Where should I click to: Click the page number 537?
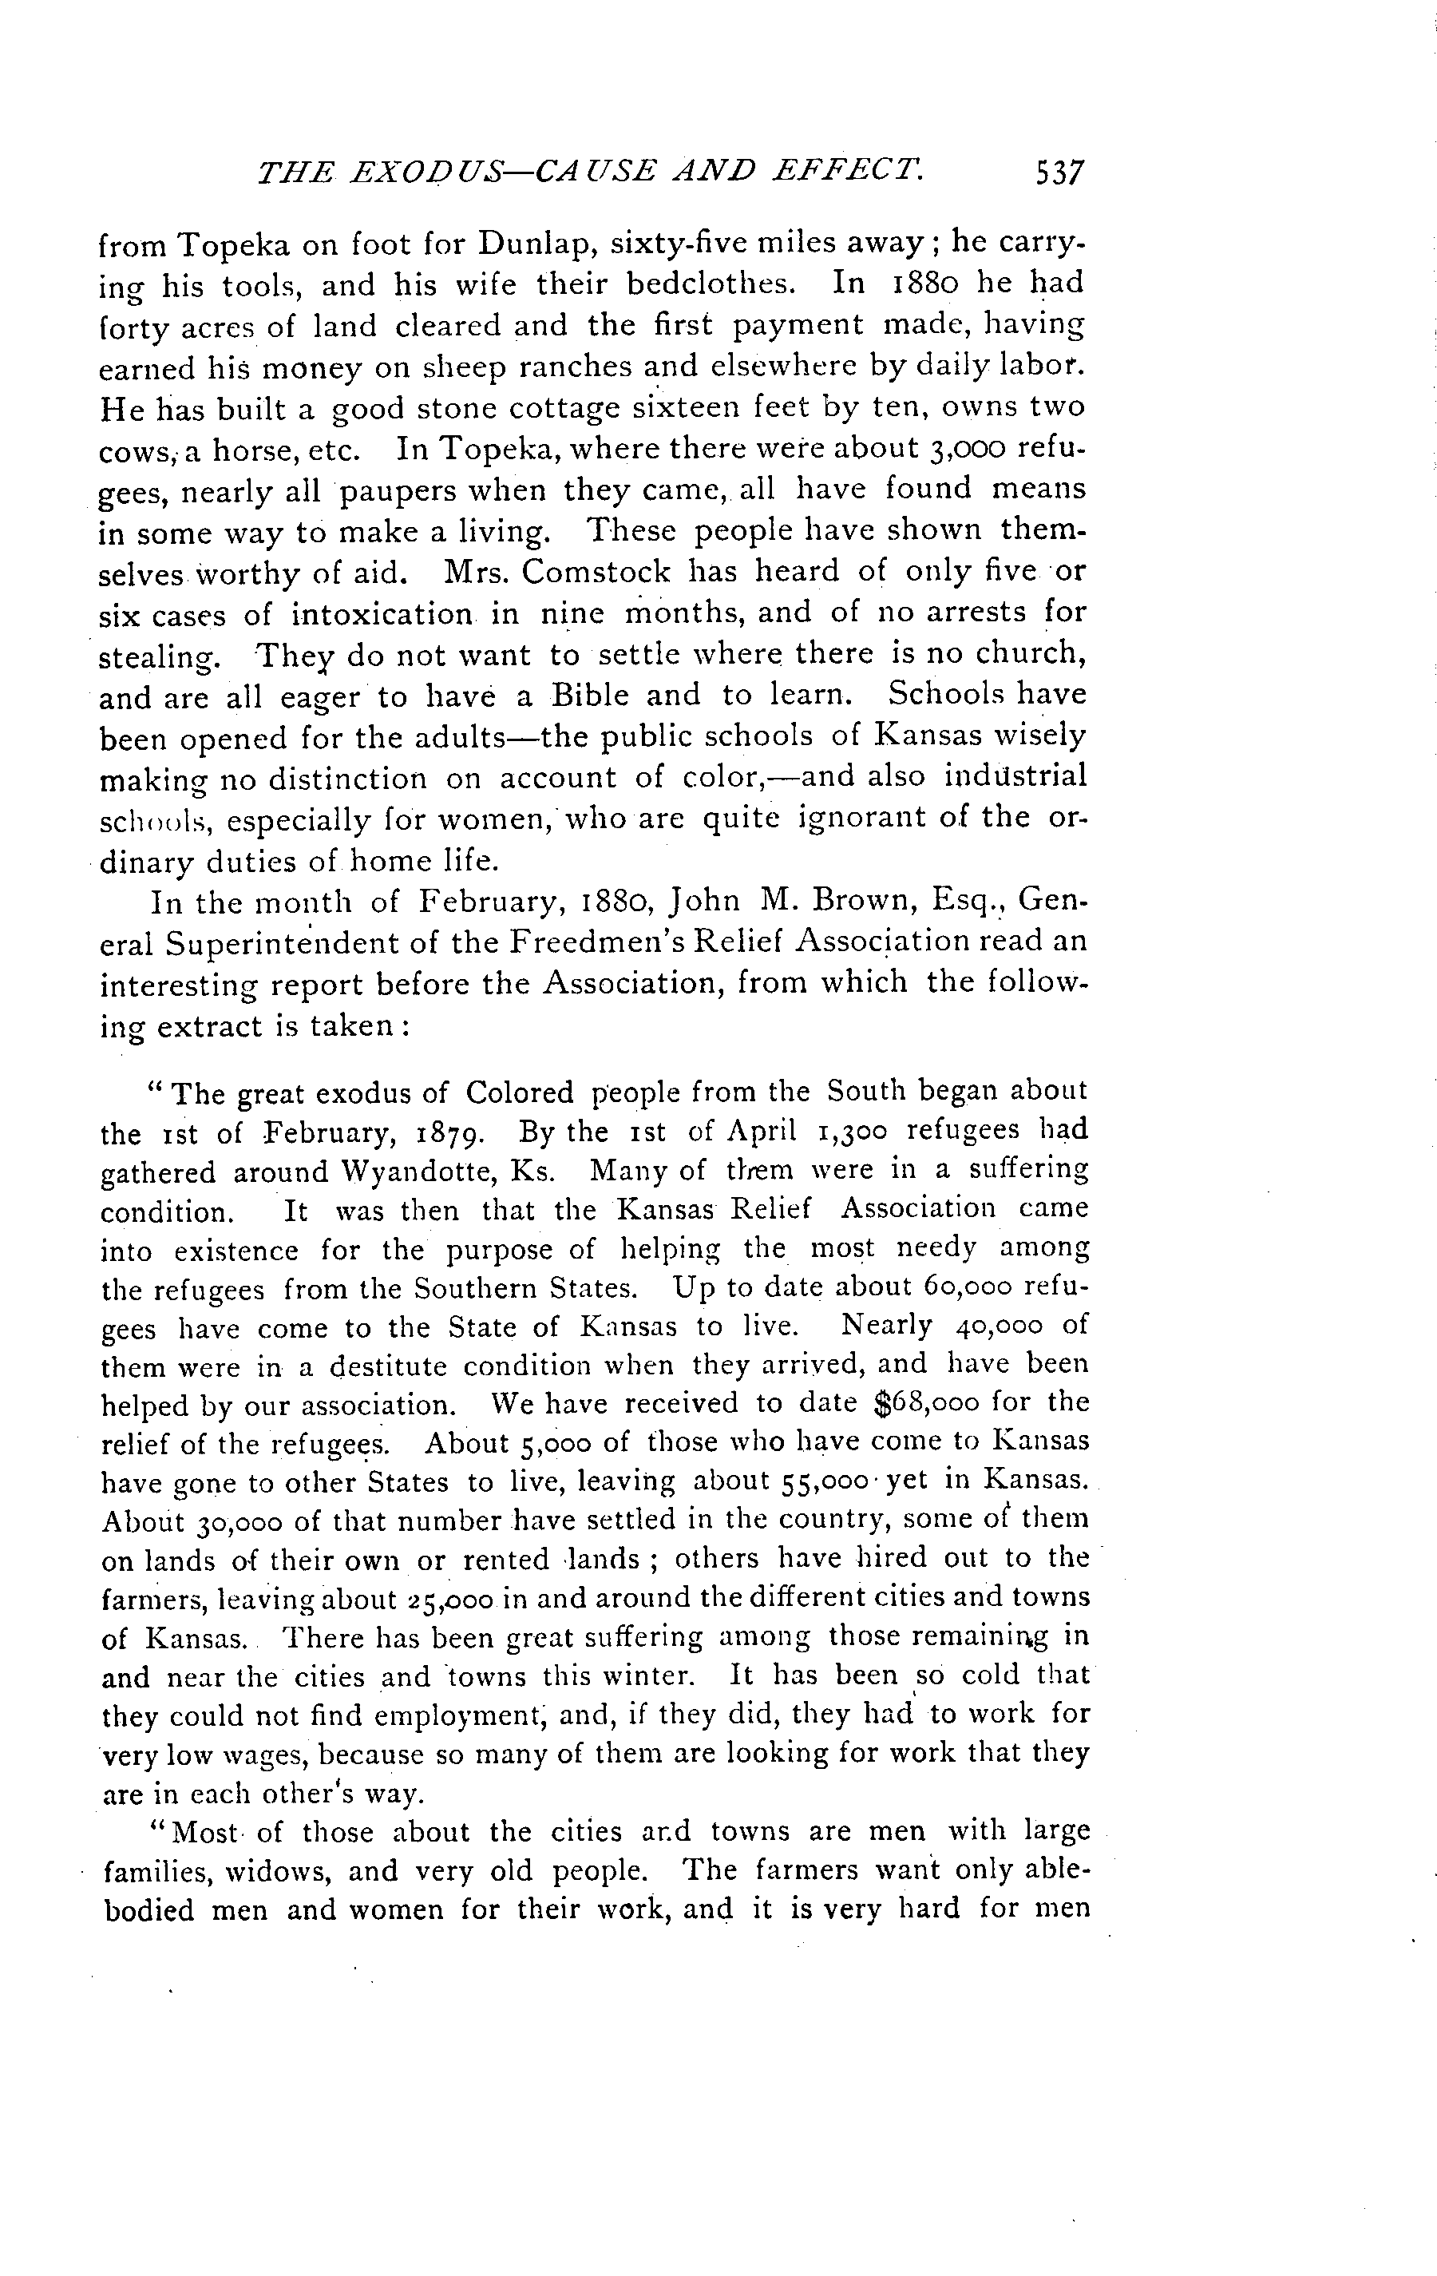pos(1061,174)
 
